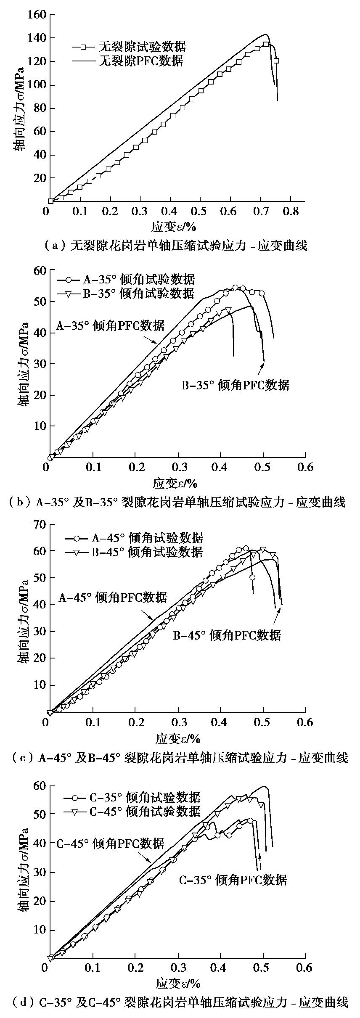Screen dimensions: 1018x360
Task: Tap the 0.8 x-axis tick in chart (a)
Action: pos(291,210)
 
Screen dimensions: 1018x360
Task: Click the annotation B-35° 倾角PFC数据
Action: pos(236,385)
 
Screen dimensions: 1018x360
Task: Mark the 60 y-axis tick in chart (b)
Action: pos(38,271)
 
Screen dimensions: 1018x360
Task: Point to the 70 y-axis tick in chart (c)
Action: pos(38,524)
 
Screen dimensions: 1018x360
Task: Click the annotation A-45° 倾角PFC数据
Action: pos(112,598)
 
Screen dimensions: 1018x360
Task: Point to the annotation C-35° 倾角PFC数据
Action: pos(233,880)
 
